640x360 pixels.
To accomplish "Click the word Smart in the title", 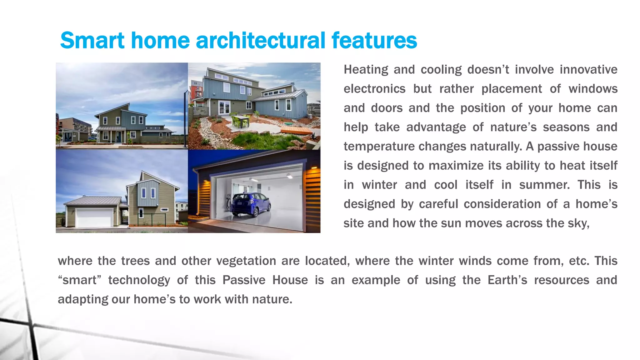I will (92, 41).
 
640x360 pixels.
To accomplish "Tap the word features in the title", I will (374, 41).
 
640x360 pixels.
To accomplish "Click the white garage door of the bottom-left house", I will (94, 218).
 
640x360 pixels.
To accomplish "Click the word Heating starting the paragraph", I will (366, 70).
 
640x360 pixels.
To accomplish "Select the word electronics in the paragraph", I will (374, 89).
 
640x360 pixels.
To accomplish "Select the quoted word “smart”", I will (80, 280).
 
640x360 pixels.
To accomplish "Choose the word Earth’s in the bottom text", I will (507, 280).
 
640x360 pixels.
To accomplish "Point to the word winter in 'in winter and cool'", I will (379, 185).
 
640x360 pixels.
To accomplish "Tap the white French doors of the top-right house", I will (224, 107).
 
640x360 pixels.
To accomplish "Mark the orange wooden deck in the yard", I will (297, 130).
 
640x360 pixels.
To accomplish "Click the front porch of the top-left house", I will (110, 135).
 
